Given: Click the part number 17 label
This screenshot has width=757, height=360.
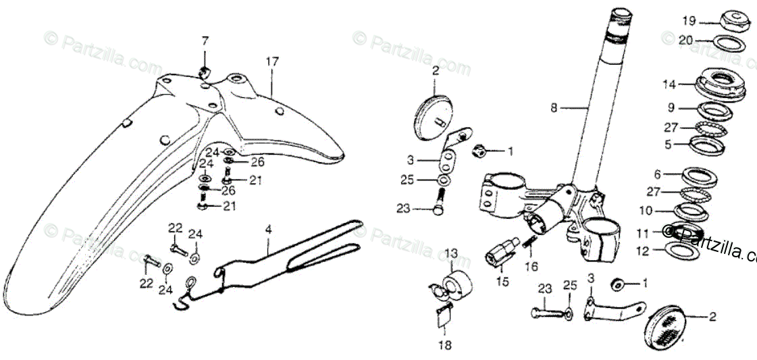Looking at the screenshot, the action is click(x=271, y=62).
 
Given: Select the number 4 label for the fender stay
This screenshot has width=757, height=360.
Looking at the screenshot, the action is click(x=268, y=230).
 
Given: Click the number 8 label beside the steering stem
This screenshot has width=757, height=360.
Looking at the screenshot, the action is click(x=554, y=107).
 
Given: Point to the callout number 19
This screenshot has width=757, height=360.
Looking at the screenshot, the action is click(x=688, y=20).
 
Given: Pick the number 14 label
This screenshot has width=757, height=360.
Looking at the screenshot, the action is click(x=669, y=84).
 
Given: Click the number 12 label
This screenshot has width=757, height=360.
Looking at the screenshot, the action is click(x=643, y=251).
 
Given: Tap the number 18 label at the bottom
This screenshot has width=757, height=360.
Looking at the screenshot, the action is click(x=444, y=345).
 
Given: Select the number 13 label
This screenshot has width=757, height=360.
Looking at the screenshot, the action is click(x=451, y=253).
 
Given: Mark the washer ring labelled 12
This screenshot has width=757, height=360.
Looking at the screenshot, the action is click(x=682, y=251).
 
